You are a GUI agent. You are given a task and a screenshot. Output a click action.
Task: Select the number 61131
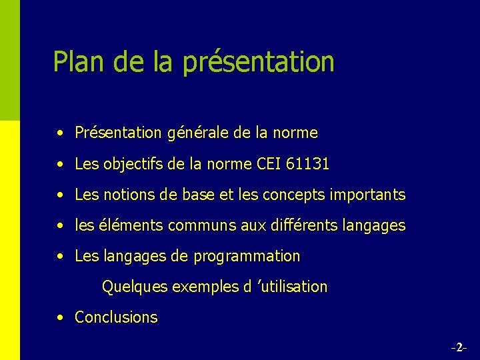click(308, 163)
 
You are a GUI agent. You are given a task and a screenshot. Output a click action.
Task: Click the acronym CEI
click(268, 163)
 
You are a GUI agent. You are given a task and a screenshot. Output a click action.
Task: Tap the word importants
click(367, 195)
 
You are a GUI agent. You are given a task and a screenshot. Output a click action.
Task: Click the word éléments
click(133, 225)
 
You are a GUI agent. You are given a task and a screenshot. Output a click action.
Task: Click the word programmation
click(247, 257)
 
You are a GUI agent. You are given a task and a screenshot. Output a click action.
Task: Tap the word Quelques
click(134, 287)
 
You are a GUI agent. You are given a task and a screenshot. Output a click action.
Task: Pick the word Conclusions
click(116, 317)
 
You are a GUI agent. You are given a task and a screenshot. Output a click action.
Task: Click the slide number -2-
click(458, 347)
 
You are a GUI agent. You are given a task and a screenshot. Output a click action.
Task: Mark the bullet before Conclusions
click(61, 318)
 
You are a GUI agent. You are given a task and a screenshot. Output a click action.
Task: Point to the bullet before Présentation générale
click(61, 133)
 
